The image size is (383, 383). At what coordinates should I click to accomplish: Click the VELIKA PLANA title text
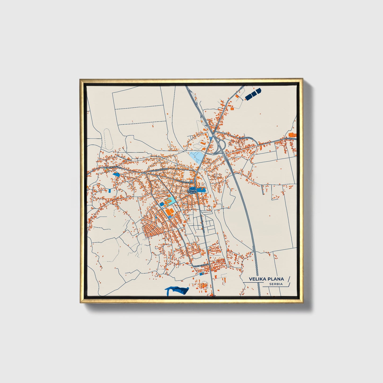(266, 279)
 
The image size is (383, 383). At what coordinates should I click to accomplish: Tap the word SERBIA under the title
(276, 284)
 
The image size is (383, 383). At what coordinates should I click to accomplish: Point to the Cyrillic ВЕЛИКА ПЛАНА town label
(192, 191)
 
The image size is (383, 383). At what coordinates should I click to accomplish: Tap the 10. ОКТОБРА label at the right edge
(291, 139)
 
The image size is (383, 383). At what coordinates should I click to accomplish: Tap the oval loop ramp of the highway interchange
(222, 145)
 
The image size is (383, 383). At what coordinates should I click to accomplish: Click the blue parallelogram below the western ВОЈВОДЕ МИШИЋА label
(116, 174)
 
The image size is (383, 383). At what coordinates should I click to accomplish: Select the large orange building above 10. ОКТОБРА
(292, 134)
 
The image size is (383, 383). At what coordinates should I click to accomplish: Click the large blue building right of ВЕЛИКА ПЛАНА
(201, 190)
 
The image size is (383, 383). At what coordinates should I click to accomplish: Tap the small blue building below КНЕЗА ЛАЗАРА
(201, 274)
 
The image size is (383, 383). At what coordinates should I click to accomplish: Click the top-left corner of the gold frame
(80, 80)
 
